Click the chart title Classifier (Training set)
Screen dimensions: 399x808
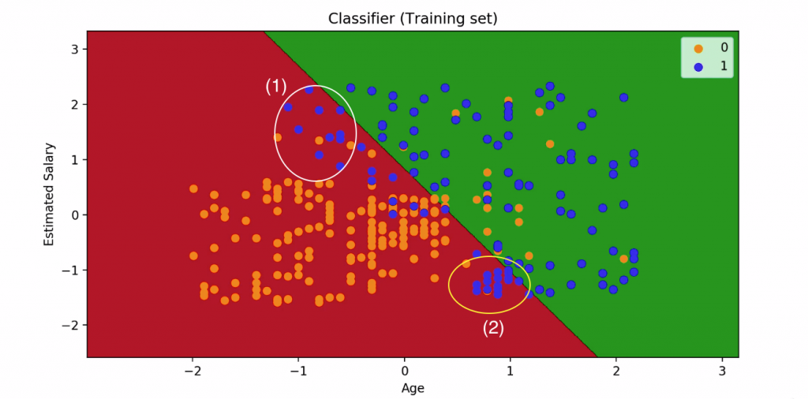click(x=413, y=17)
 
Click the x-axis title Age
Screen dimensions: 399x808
click(x=413, y=388)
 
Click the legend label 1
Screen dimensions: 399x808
click(x=723, y=66)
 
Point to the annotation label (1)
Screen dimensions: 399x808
click(x=275, y=87)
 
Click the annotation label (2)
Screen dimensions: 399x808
click(x=493, y=328)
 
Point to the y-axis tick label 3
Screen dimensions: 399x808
click(x=77, y=49)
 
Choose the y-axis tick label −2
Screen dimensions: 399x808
click(x=73, y=325)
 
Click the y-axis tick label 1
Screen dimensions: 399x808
click(x=77, y=159)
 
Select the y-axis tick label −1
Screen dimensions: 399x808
click(x=73, y=270)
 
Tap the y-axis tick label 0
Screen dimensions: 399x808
click(x=77, y=214)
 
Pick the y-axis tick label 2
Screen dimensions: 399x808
click(x=77, y=104)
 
